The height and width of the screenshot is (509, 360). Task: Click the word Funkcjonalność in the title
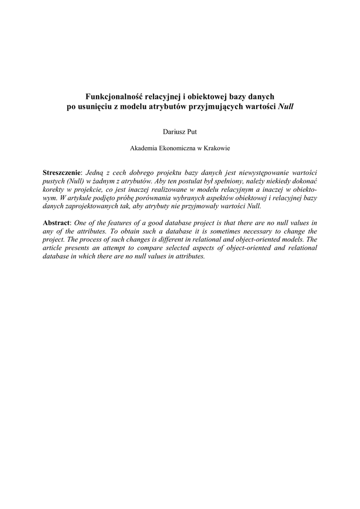(x=111, y=96)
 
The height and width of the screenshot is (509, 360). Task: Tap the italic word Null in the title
(x=286, y=106)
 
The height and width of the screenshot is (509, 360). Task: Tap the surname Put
(x=192, y=131)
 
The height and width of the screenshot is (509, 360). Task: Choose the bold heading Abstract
(x=57, y=223)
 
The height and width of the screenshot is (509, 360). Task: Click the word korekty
(x=53, y=189)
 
